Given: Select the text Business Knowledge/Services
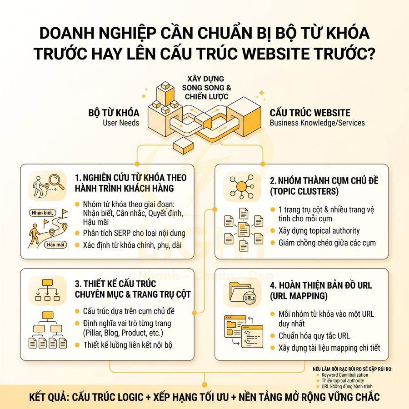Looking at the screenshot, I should click(x=317, y=123).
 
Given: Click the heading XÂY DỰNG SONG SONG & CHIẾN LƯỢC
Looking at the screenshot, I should click(x=203, y=88).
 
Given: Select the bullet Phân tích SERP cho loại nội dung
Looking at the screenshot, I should click(x=134, y=233).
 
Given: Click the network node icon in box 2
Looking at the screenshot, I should click(x=241, y=186).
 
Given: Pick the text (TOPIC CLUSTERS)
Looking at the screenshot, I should click(x=304, y=191).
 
